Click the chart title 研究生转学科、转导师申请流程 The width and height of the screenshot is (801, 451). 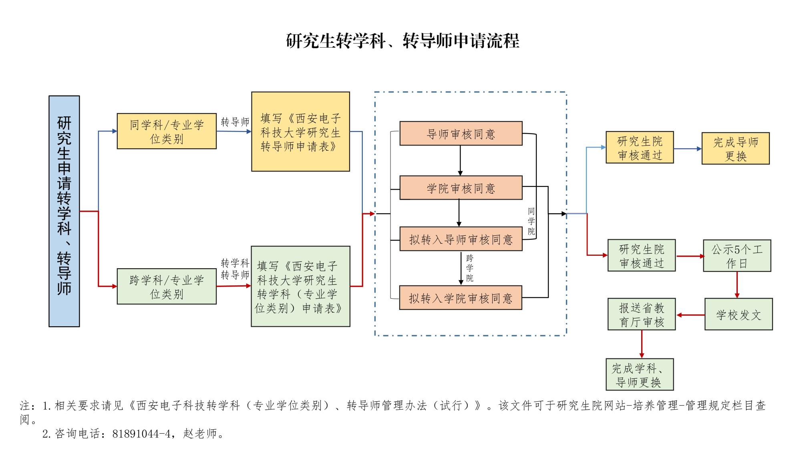click(x=403, y=41)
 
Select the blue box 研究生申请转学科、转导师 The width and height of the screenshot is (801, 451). click(x=64, y=211)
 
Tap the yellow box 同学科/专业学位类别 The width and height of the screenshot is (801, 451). click(x=167, y=131)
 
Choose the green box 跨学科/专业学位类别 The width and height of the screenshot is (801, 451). click(x=167, y=286)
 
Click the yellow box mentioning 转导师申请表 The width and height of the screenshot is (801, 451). click(x=300, y=131)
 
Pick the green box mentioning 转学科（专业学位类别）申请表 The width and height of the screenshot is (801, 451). click(x=300, y=286)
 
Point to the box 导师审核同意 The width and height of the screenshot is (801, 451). click(x=461, y=133)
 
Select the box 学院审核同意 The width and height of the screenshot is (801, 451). click(x=461, y=188)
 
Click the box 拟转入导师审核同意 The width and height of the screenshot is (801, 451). click(x=461, y=239)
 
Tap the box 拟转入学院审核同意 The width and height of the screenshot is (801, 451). click(x=461, y=298)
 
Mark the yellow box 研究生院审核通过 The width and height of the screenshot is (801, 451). click(x=640, y=148)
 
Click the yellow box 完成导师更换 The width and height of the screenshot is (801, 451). click(x=735, y=149)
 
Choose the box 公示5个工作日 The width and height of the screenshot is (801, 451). click(x=737, y=256)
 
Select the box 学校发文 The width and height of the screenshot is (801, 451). click(x=739, y=315)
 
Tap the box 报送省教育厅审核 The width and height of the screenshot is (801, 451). click(x=642, y=315)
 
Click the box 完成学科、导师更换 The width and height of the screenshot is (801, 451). click(x=640, y=375)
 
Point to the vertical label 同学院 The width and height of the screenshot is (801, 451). click(x=531, y=221)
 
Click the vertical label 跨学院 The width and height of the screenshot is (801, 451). click(x=470, y=268)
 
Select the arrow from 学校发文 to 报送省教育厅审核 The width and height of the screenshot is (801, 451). click(x=690, y=315)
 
